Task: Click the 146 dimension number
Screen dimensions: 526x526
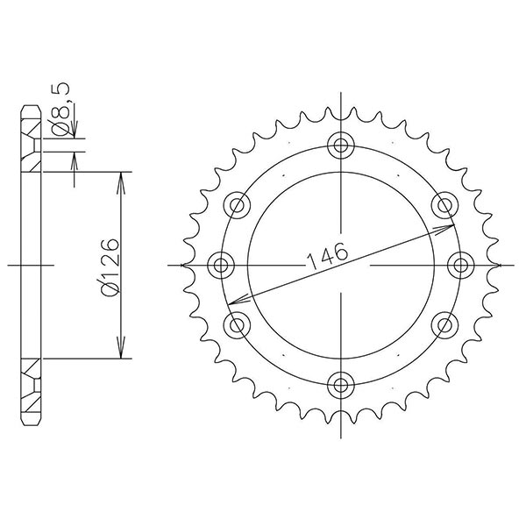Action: click(327, 253)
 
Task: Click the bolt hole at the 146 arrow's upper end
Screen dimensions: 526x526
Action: click(444, 205)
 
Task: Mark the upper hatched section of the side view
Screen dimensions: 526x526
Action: click(31, 149)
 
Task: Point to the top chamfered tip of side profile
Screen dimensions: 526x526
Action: click(30, 110)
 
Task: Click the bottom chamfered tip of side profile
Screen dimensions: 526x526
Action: click(30, 417)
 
